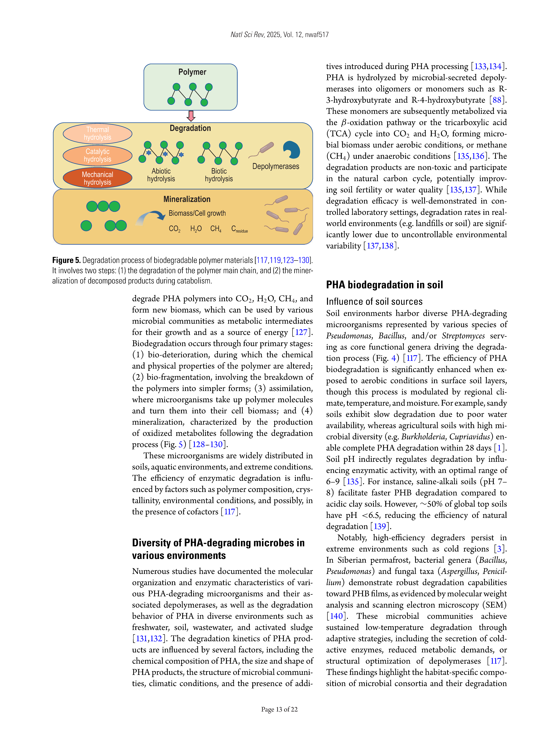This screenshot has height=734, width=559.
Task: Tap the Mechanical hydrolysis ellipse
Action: pyautogui.click(x=97, y=178)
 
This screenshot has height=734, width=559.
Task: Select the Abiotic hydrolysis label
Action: pyautogui.click(x=161, y=175)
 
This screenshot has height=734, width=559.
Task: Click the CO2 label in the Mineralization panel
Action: pyautogui.click(x=174, y=229)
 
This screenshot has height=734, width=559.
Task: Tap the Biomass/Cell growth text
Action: pyautogui.click(x=197, y=213)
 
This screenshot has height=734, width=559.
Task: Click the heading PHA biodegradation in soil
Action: pyautogui.click(x=384, y=285)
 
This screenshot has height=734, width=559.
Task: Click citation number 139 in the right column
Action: pyautogui.click(x=380, y=526)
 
